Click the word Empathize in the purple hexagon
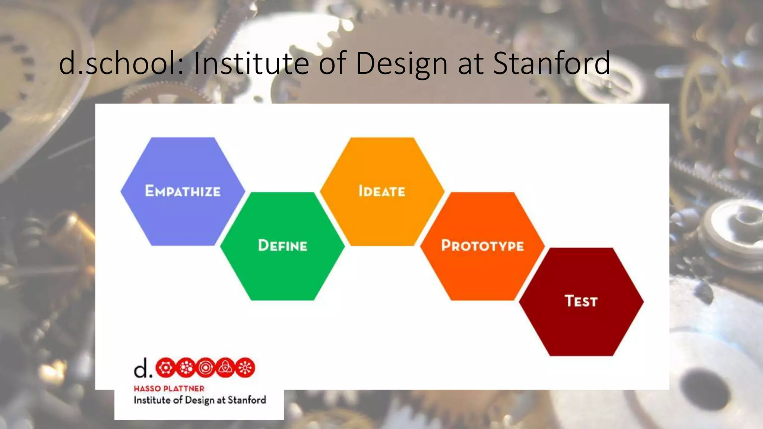(183, 191)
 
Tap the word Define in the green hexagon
(282, 245)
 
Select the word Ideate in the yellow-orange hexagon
(382, 191)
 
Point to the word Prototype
(482, 245)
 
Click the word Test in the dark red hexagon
(581, 301)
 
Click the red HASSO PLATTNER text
(169, 388)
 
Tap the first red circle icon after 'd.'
(165, 368)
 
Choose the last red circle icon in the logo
(245, 368)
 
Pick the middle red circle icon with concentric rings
(205, 368)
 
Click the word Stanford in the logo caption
(247, 400)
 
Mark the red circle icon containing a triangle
(225, 368)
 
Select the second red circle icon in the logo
(186, 368)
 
